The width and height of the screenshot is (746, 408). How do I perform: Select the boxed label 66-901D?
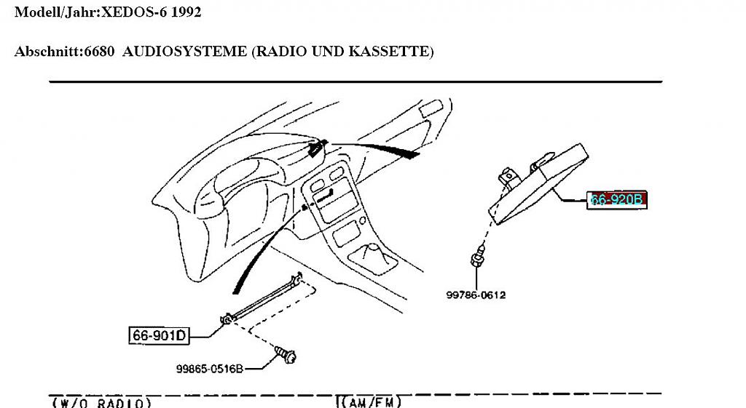tap(159, 335)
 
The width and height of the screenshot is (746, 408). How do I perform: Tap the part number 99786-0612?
tap(476, 295)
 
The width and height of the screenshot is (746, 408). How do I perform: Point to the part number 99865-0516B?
tap(209, 369)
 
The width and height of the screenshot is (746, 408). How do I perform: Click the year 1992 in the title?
tap(187, 12)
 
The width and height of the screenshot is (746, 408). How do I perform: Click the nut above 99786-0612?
tap(477, 257)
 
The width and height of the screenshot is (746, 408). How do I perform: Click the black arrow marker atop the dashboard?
tap(316, 149)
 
